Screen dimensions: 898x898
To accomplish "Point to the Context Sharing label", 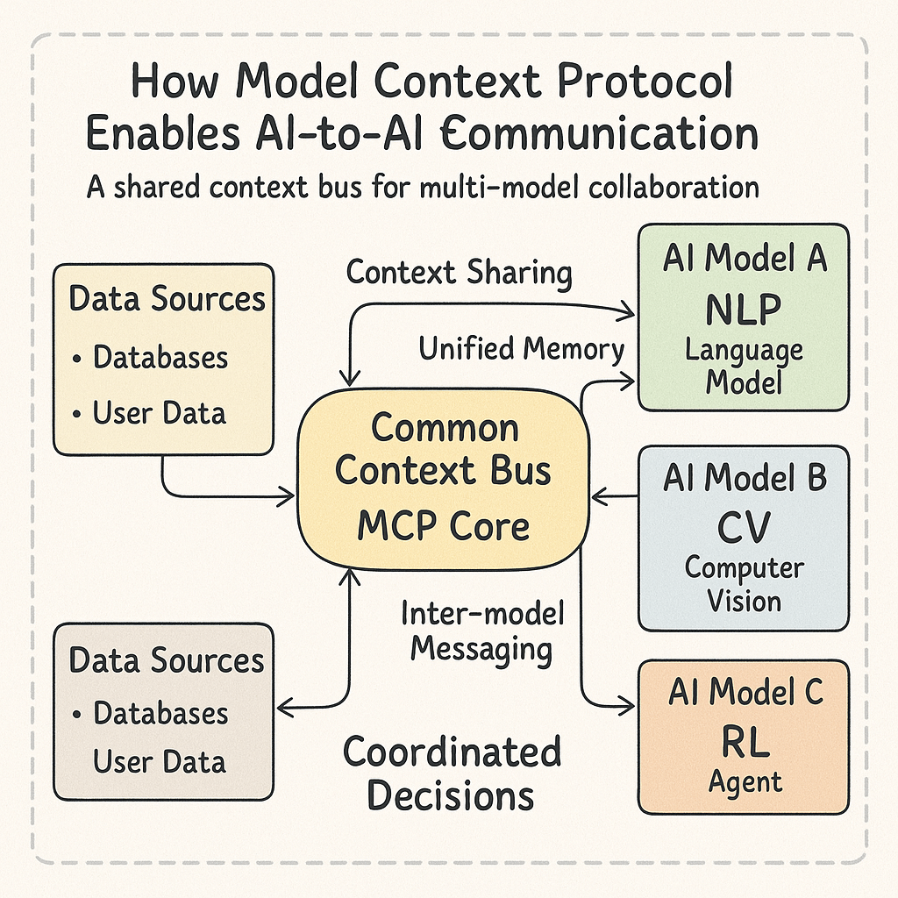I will click(x=459, y=272).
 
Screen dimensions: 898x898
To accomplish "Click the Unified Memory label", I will click(x=521, y=349).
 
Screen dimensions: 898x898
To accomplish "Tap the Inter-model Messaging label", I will click(x=481, y=631).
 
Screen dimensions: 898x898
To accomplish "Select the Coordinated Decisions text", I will click(x=451, y=773).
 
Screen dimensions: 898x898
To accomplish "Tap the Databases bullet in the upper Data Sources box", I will click(x=160, y=357).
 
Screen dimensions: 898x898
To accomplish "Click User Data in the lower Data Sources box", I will click(x=160, y=761).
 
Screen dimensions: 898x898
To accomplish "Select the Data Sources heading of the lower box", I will click(x=167, y=659).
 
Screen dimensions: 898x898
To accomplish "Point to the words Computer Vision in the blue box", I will click(x=744, y=584).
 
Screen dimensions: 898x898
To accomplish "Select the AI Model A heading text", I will click(x=744, y=259).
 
